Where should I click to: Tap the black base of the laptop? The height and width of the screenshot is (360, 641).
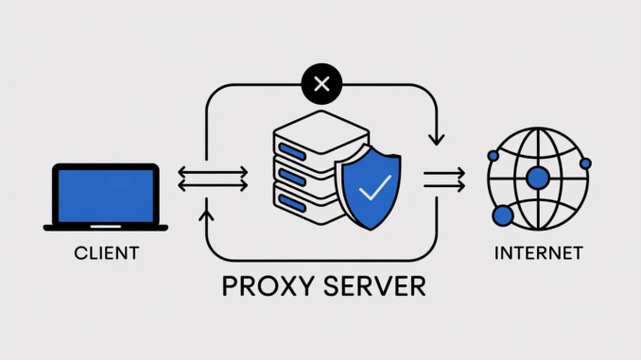[105, 227]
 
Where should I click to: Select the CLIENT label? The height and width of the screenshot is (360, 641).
[105, 252]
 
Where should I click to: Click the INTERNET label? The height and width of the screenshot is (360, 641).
[538, 252]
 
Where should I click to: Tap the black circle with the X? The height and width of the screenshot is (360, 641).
[320, 85]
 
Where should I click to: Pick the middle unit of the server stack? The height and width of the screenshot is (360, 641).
[301, 172]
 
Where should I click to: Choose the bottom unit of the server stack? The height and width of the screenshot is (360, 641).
[301, 199]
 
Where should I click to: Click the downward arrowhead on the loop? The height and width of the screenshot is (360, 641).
[436, 140]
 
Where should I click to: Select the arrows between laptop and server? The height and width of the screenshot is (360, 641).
[213, 179]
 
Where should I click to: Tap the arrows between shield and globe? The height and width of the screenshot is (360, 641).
[442, 179]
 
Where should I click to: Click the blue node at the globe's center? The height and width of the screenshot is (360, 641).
[538, 178]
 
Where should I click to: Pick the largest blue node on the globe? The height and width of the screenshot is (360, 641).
[502, 215]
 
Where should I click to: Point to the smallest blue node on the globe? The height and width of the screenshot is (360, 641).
[585, 163]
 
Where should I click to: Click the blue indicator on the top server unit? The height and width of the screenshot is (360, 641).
[293, 146]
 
